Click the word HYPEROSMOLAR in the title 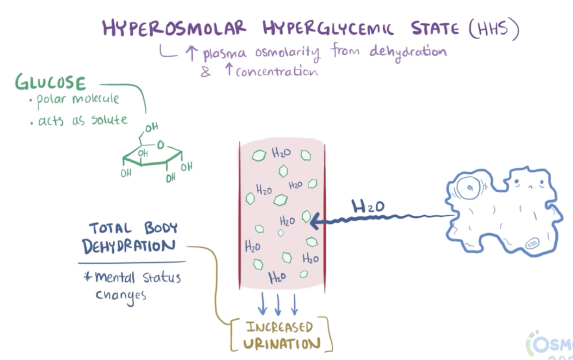(x=174, y=28)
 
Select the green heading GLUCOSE (x=50, y=82)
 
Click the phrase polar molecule (x=78, y=100)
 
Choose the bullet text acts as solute (x=82, y=120)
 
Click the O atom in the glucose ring (x=160, y=146)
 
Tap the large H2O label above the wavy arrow (x=368, y=207)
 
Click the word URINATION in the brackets (x=281, y=344)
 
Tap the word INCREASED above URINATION (x=280, y=327)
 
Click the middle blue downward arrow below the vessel (x=278, y=305)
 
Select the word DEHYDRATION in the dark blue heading (x=128, y=247)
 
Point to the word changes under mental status (x=121, y=296)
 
